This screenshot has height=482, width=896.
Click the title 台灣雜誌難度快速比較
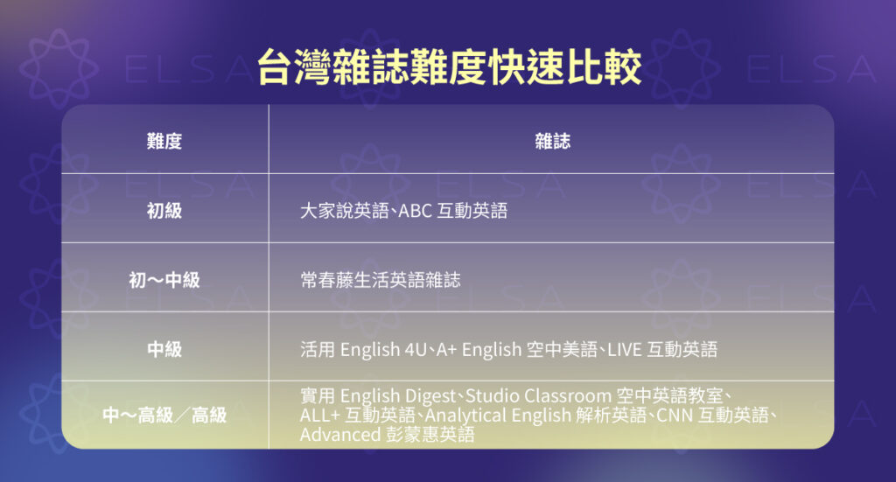[449, 66]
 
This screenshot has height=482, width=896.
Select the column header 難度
[164, 141]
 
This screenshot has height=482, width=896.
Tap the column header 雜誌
[551, 141]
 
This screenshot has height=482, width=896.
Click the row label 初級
[164, 211]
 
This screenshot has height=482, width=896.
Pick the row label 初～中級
[164, 281]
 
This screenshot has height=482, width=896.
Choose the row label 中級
[164, 350]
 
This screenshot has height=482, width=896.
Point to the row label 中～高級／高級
[164, 415]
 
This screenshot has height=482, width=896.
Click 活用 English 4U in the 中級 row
[362, 350]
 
